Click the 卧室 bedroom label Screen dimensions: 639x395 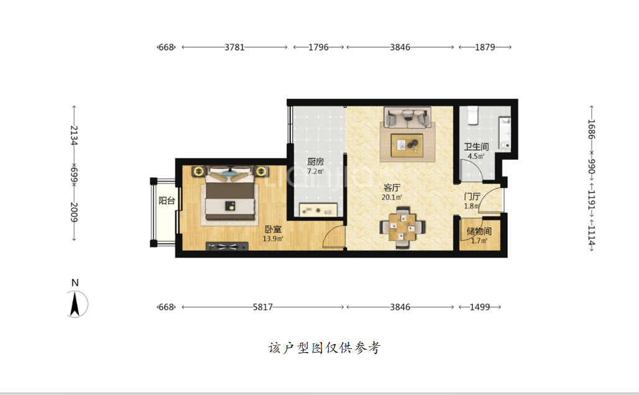coord(273,230)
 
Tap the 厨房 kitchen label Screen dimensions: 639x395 coord(315,162)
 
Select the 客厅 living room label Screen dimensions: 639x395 coord(392,188)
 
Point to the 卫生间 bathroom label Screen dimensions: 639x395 coord(476,147)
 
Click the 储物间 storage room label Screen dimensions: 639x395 coord(479,231)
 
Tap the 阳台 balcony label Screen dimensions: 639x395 coord(167,200)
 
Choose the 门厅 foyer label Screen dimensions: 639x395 coord(472,197)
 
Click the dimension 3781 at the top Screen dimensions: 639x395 coord(234,47)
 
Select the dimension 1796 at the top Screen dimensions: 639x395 coord(318,47)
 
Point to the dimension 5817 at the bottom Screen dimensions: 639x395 coord(262,307)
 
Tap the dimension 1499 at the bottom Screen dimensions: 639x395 coord(480,307)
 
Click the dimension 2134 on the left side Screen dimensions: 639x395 coord(74,136)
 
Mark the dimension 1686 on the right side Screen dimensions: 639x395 coord(591,129)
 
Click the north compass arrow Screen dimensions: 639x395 coord(75,304)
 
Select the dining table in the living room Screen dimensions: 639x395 coord(403,228)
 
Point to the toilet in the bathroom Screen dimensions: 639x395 coord(473,115)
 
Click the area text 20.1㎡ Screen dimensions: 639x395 coord(392,198)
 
